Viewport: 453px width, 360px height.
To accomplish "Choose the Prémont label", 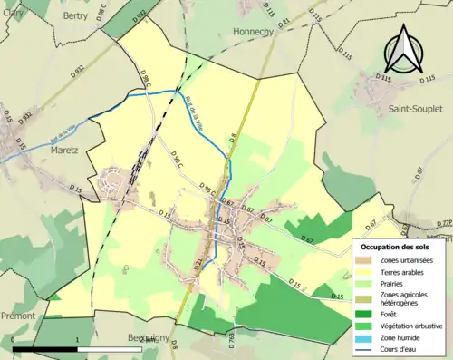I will point(17,316).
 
